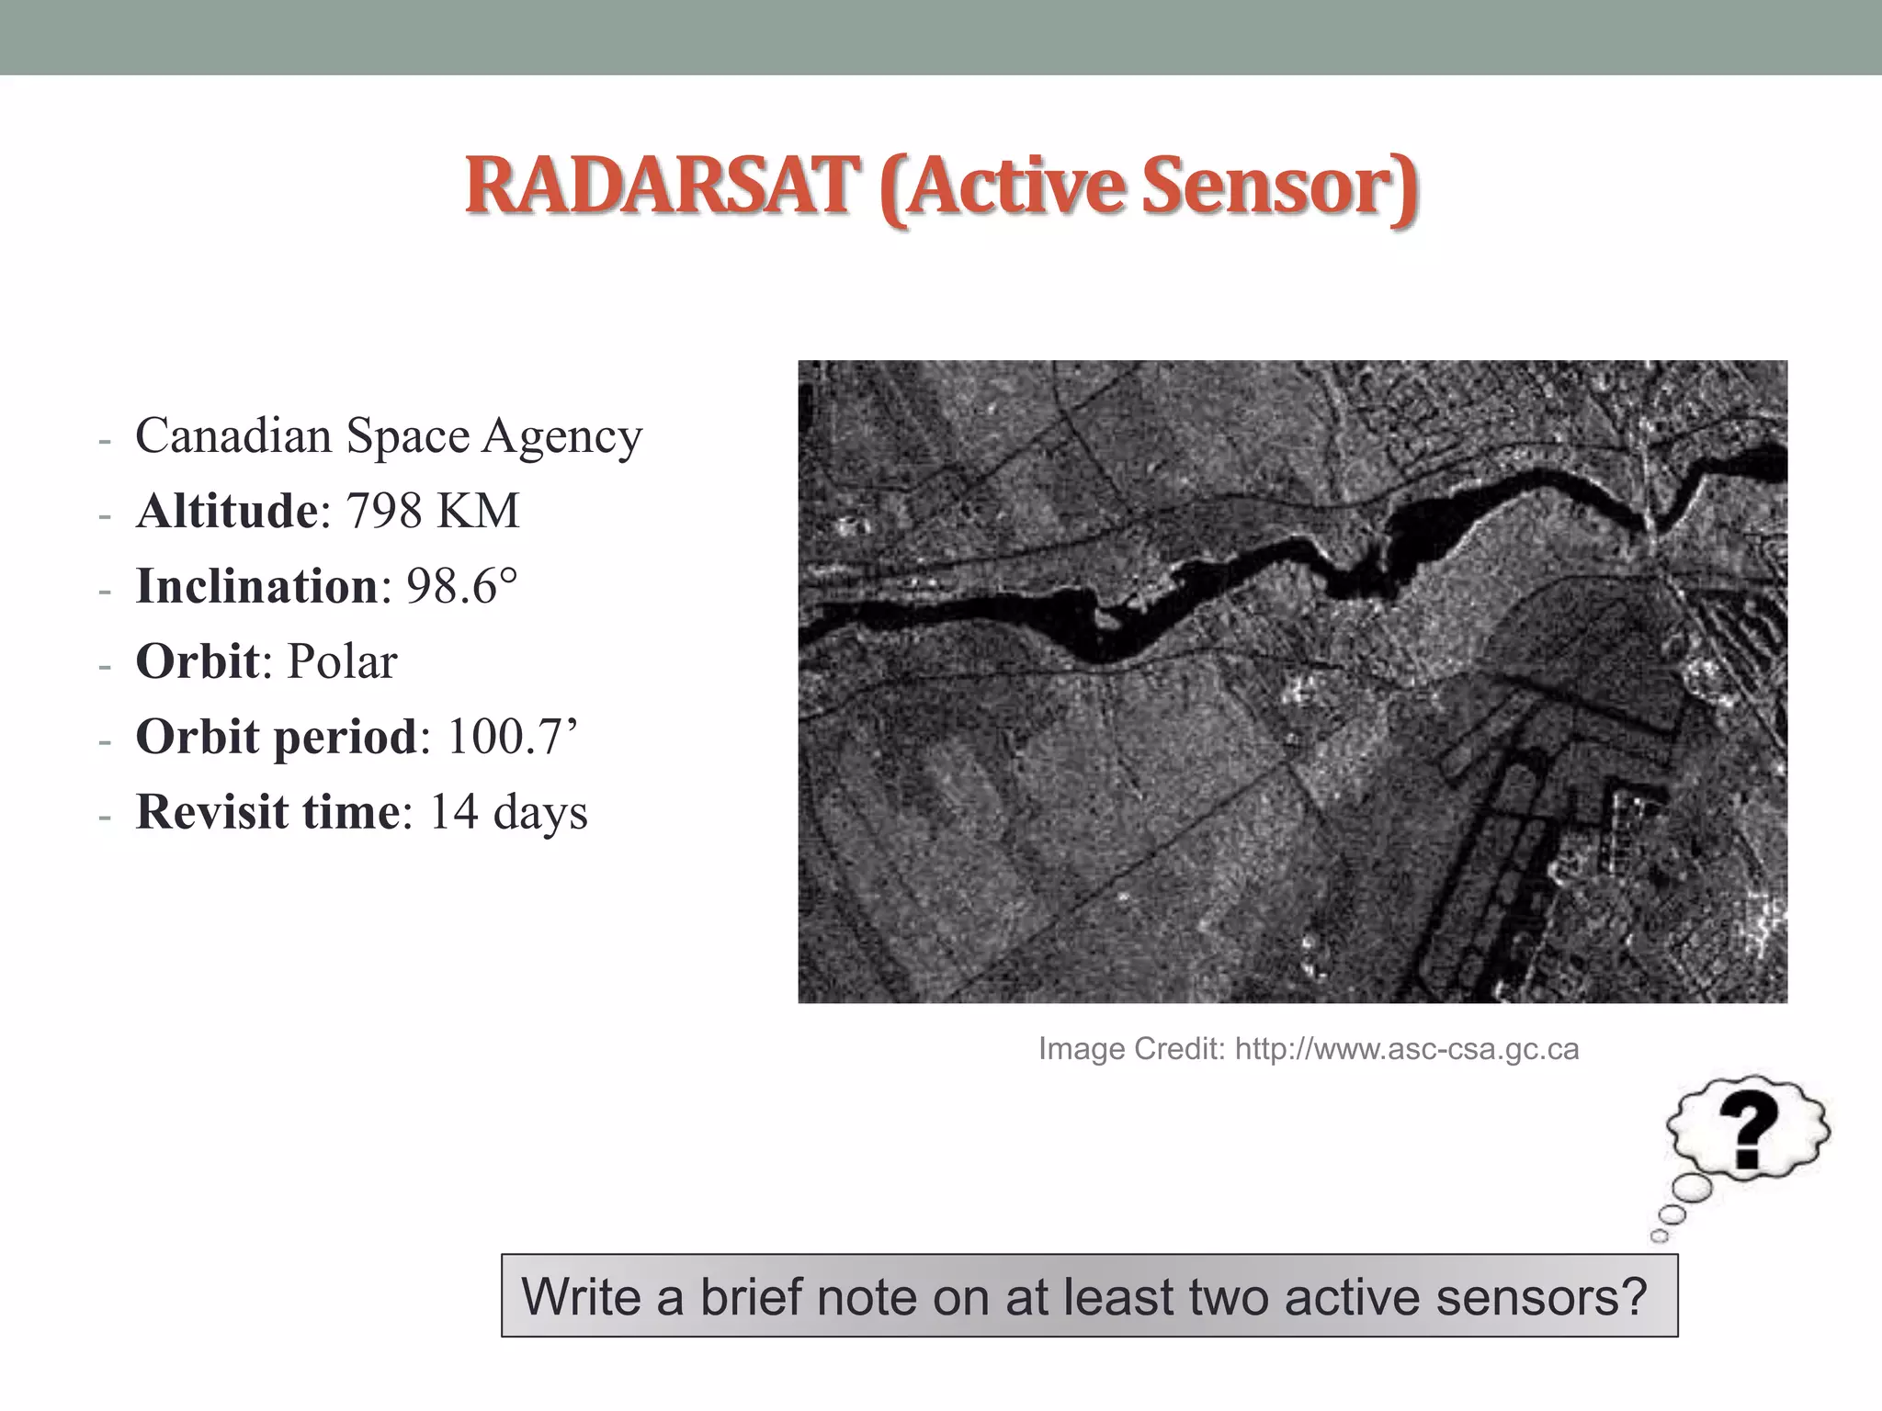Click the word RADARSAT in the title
pos(656,186)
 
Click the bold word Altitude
pos(226,511)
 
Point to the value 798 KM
pos(433,511)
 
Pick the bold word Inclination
pos(256,586)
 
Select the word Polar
pos(342,661)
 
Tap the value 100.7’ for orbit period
pos(513,737)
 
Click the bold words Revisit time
pos(267,812)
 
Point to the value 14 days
pos(508,812)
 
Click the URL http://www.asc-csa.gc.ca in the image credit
pos(1406,1049)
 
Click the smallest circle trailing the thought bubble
pos(1659,1236)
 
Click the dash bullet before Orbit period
pos(105,739)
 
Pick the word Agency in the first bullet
pos(561,436)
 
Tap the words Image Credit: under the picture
pos(1131,1049)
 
